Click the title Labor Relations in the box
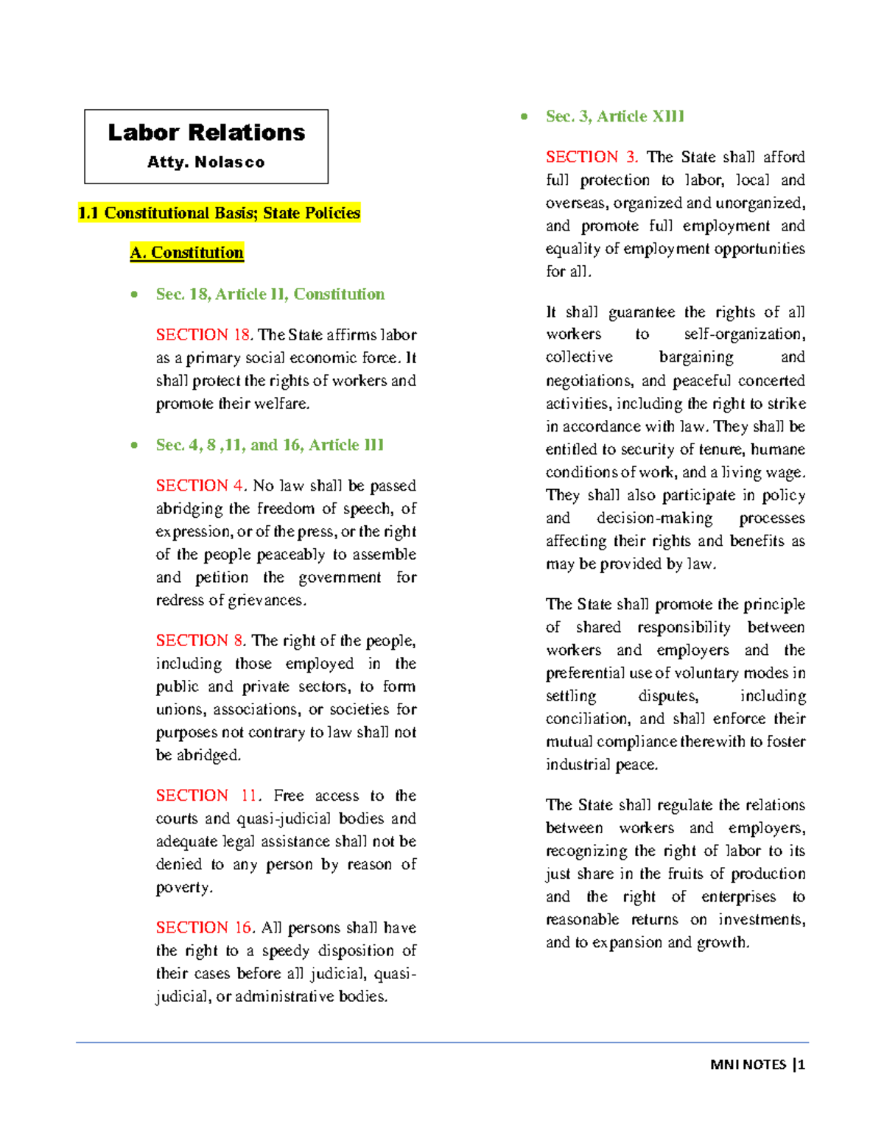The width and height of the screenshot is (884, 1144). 206,133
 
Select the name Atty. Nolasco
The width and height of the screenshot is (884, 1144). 206,162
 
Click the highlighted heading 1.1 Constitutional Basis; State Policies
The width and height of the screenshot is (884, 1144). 219,213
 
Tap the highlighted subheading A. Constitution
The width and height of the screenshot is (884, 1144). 186,253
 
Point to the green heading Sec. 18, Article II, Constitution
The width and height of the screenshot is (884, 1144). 270,294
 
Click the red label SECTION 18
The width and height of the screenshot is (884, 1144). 203,334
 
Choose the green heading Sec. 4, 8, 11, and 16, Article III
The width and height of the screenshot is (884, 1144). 270,445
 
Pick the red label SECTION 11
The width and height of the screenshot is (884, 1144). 207,796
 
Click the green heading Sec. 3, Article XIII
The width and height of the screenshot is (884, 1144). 615,116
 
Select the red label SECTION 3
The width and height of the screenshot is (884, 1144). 592,157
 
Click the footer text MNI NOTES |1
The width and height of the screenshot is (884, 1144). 757,1064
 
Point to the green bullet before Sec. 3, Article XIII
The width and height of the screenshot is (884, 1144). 524,116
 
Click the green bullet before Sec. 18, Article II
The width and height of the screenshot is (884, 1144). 134,295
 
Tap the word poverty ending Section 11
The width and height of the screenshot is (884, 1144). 183,888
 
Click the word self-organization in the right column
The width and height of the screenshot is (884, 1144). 744,334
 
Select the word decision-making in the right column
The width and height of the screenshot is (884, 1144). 654,518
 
